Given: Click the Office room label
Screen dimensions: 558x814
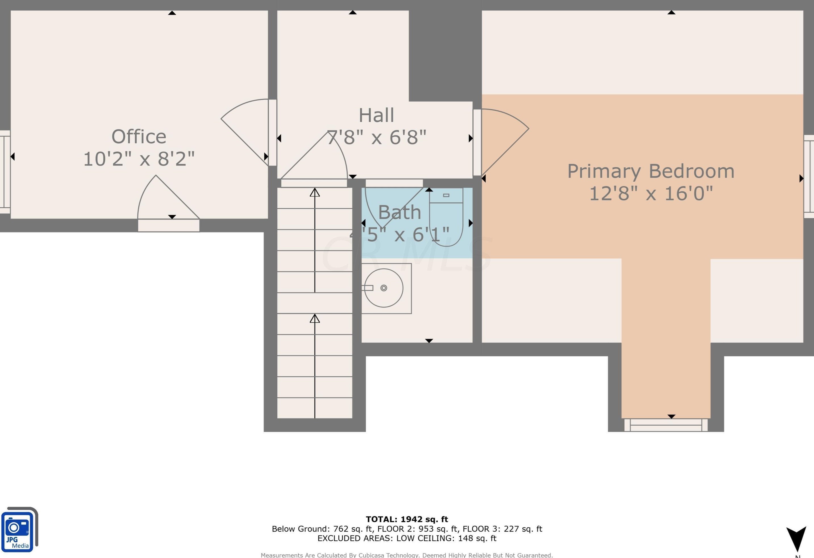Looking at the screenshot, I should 139,137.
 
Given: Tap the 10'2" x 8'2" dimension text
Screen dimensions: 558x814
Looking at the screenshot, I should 139,159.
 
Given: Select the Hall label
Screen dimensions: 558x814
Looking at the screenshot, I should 377,115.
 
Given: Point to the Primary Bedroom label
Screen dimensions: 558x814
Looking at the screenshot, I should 651,171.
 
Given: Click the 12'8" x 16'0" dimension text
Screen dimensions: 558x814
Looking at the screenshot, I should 651,193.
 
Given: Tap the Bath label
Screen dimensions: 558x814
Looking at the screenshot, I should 399,212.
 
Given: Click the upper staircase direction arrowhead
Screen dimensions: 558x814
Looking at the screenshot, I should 315,192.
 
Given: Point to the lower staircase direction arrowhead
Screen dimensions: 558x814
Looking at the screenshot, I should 315,318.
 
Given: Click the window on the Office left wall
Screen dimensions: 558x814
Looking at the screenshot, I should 5,172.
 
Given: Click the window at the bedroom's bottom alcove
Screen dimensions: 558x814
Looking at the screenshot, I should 665,425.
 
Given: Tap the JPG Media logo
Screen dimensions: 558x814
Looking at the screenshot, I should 19,529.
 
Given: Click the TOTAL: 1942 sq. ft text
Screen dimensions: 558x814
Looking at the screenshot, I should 407,519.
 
